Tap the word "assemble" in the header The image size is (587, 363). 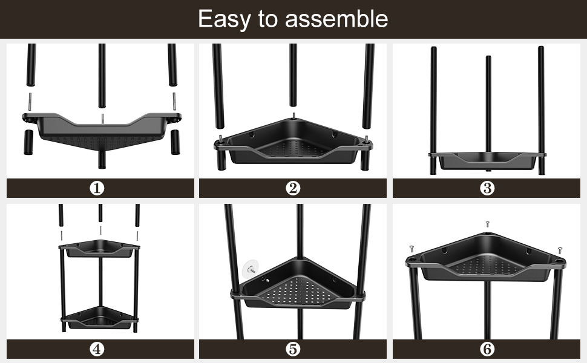(336, 19)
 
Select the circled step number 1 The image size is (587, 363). (97, 188)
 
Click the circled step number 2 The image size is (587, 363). (293, 188)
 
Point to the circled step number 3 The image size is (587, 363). (487, 188)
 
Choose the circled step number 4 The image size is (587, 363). (97, 349)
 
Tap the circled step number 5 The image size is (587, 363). (293, 349)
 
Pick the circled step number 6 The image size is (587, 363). (487, 349)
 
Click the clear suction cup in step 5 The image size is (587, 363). (251, 269)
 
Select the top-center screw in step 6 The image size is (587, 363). (487, 224)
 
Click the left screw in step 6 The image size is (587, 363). (412, 249)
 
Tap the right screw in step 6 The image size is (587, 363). (560, 250)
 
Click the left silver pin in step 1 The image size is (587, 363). (30, 100)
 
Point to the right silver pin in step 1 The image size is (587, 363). (174, 100)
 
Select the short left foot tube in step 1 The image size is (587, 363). (28, 142)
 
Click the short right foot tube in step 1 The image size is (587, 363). (175, 142)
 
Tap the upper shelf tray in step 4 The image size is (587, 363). (99, 249)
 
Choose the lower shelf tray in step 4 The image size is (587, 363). (99, 318)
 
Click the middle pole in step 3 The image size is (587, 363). (488, 113)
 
